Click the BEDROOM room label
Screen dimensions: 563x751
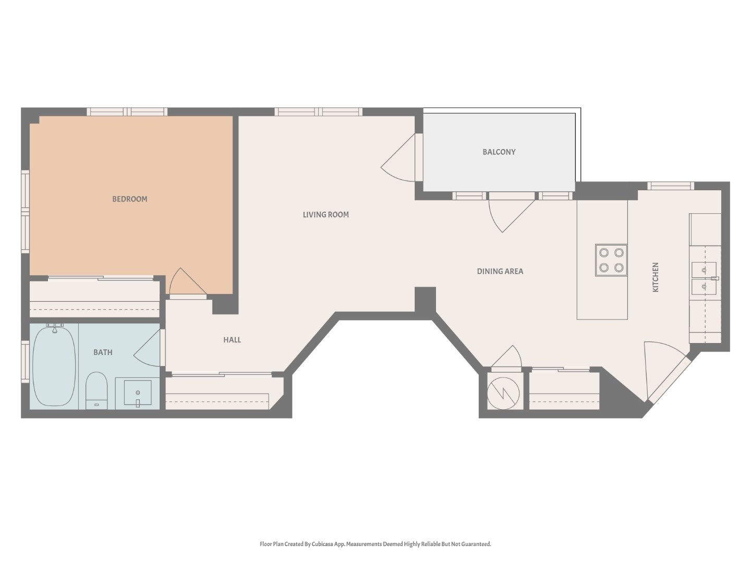[x=130, y=199]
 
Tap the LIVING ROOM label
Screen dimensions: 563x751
[x=325, y=215]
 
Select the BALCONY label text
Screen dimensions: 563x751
[x=499, y=152]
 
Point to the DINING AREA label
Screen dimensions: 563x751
[x=500, y=271]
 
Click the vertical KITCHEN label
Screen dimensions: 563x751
[x=656, y=277]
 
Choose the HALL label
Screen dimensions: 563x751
[x=232, y=340]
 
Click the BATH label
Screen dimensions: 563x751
[x=103, y=352]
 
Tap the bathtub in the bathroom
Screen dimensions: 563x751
[x=54, y=365]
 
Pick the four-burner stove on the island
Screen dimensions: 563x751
[x=611, y=260]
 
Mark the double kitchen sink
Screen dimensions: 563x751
[x=704, y=278]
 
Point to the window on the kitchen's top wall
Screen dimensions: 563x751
[x=671, y=186]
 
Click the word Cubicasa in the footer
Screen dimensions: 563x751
[x=323, y=544]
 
